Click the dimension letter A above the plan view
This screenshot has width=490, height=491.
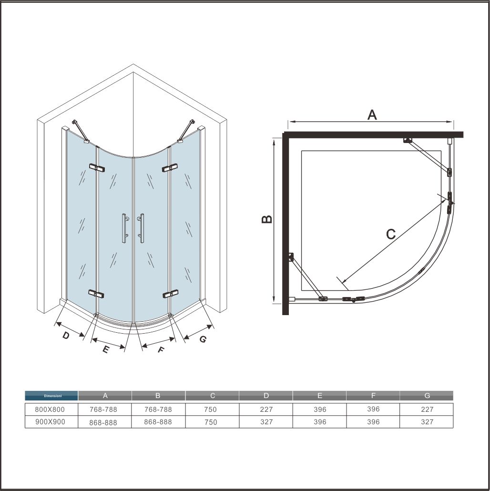(x=372, y=115)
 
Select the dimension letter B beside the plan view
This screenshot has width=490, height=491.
(x=267, y=219)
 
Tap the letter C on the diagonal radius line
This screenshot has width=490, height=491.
(x=391, y=234)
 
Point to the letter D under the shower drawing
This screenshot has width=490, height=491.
(x=66, y=336)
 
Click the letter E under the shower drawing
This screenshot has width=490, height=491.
(x=105, y=349)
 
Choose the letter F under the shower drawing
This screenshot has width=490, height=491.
(x=161, y=349)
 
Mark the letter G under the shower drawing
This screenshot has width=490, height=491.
(x=203, y=339)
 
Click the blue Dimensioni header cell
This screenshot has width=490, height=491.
(x=51, y=396)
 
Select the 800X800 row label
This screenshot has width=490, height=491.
(x=50, y=409)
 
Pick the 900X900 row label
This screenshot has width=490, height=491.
(x=50, y=422)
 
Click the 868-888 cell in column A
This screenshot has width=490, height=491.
(x=103, y=422)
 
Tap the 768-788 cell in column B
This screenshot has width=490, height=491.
(x=158, y=409)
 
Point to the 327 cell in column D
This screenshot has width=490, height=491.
(x=266, y=422)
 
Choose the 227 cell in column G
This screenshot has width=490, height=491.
(x=427, y=409)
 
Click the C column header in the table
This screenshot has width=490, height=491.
(x=212, y=396)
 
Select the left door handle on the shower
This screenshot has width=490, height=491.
(x=125, y=228)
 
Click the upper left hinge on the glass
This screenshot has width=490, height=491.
(x=97, y=167)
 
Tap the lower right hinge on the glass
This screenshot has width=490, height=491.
(x=170, y=294)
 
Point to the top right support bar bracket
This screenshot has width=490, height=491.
(x=186, y=131)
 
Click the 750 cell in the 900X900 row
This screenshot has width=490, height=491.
(x=211, y=422)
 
